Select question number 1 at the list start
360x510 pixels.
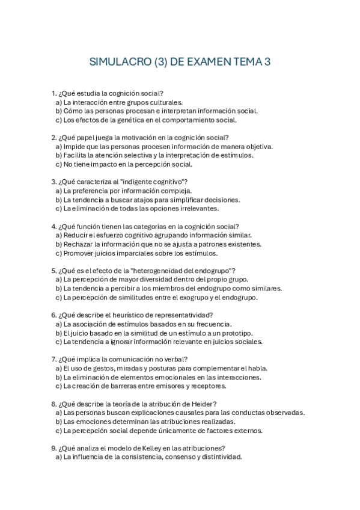[x=54, y=93]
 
